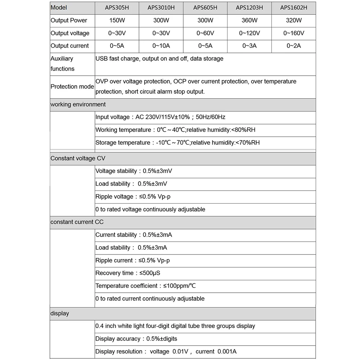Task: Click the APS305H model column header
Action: click(117, 8)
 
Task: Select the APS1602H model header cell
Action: click(294, 8)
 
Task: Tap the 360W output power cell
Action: click(249, 21)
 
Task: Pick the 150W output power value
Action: click(117, 21)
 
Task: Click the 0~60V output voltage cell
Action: click(205, 33)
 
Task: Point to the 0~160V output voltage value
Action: click(294, 33)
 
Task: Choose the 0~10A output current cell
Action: click(161, 46)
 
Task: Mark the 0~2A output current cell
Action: click(294, 46)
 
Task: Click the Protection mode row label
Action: click(72, 86)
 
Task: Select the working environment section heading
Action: click(78, 104)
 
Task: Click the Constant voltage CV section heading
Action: click(78, 158)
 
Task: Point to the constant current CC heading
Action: click(77, 222)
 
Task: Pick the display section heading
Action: click(60, 314)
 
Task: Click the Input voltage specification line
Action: click(161, 117)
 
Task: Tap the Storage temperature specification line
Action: click(177, 143)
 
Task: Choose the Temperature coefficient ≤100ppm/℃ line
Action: click(145, 286)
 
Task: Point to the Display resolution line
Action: click(166, 351)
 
